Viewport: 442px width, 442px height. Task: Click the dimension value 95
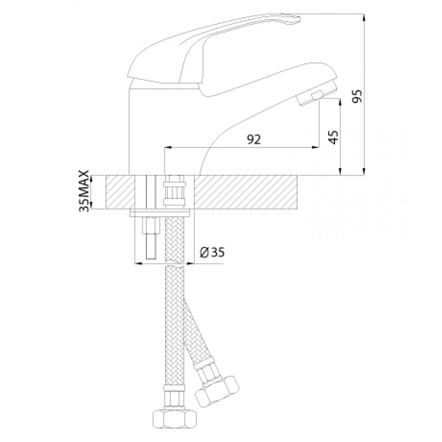tap(357, 96)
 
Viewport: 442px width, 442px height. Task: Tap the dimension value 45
tap(334, 137)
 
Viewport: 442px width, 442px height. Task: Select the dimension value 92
tap(254, 140)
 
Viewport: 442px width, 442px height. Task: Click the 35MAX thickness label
tap(84, 191)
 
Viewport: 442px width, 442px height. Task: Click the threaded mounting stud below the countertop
tap(151, 238)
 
